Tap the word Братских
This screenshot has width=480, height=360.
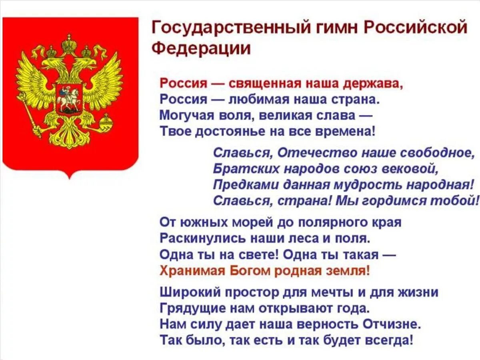(246, 169)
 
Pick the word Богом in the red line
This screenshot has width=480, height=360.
(250, 270)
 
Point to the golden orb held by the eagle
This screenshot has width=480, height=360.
(106, 120)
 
